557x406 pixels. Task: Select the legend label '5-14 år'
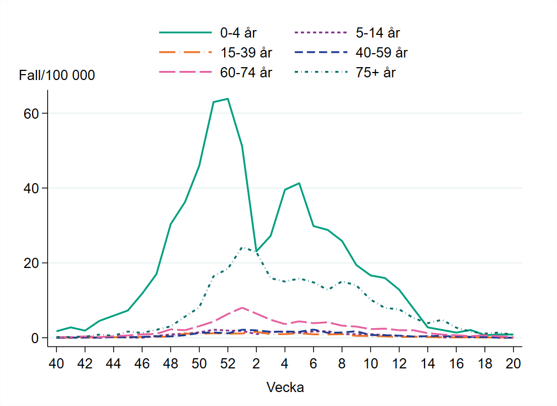[x=377, y=33]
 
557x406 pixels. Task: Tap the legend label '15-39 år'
[x=246, y=53]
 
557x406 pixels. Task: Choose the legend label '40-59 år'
[x=382, y=53]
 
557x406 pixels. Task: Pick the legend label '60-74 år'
[x=246, y=73]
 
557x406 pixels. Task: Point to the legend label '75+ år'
[x=375, y=73]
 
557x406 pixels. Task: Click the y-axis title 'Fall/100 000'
[x=57, y=76]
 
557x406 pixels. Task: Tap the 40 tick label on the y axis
[x=35, y=188]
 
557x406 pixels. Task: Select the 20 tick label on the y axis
[x=35, y=263]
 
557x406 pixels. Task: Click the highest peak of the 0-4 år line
[x=228, y=99]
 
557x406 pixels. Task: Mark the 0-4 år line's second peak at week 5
[x=299, y=183]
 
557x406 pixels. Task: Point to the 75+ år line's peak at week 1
[x=242, y=247]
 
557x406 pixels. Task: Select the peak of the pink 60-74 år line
[x=242, y=307]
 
